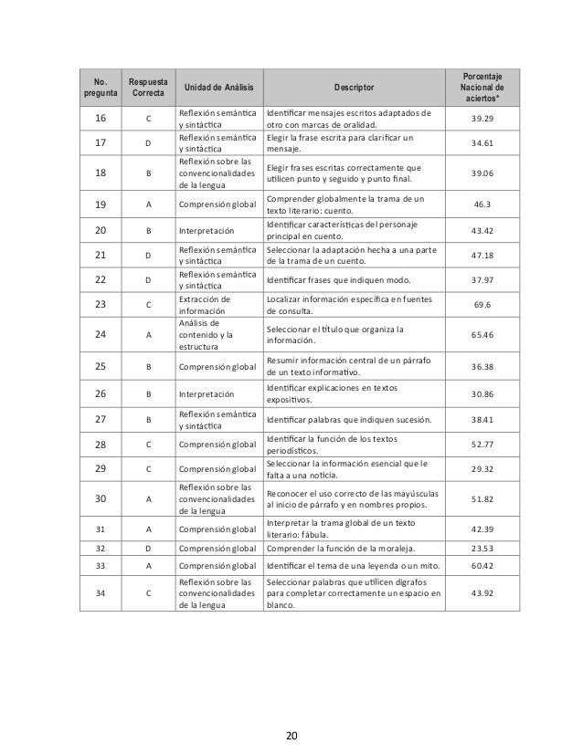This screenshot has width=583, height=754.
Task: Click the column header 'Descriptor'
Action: (x=352, y=88)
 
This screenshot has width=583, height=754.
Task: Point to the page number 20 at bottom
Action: (x=291, y=734)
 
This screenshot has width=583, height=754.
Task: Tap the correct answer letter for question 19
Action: (x=148, y=205)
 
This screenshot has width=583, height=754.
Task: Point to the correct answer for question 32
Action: (x=148, y=549)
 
